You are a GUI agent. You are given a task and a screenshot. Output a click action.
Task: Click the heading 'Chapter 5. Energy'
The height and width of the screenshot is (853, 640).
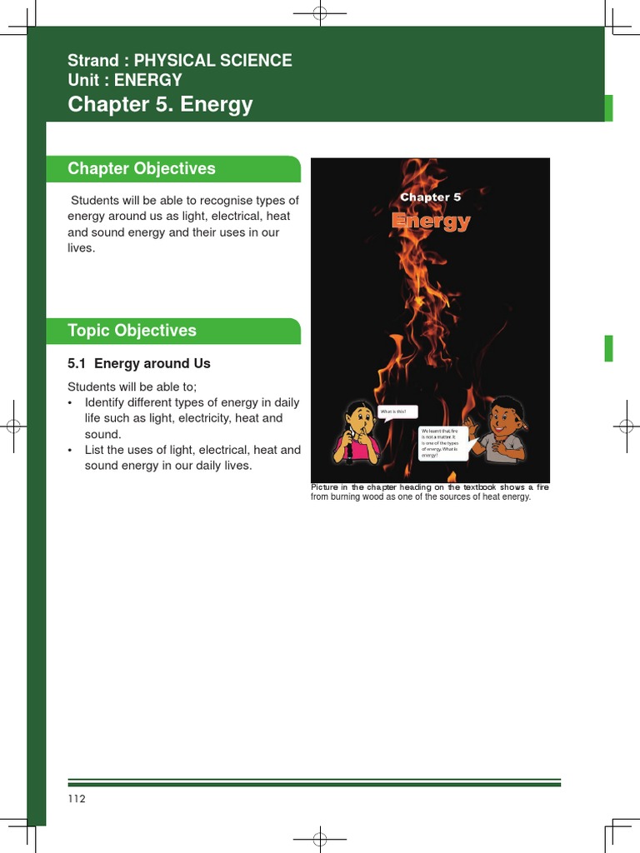160,105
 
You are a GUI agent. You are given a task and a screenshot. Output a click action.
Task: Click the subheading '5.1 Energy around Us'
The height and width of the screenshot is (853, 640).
138,364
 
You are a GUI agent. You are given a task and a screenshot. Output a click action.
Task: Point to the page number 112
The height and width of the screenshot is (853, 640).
77,799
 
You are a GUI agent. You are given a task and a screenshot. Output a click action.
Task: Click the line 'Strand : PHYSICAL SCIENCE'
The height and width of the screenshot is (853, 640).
180,61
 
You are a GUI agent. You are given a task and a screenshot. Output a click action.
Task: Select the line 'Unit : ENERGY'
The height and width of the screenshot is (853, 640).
125,80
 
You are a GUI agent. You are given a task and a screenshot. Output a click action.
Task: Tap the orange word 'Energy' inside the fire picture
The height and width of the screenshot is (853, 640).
431,222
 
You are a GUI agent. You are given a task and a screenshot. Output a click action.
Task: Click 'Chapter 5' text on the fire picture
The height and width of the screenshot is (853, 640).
430,197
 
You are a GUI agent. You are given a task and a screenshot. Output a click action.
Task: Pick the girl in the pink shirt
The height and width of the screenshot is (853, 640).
357,433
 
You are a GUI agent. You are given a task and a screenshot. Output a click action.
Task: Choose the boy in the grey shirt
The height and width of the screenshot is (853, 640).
502,430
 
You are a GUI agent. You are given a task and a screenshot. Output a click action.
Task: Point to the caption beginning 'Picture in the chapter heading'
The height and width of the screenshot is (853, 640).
429,492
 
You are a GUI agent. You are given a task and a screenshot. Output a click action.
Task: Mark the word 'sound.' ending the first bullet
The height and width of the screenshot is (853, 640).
102,434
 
